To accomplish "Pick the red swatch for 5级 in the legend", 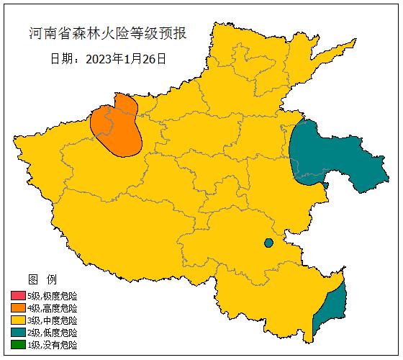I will pos(18,296).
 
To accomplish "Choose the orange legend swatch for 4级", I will pos(18,308).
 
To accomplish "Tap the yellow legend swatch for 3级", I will pos(18,320).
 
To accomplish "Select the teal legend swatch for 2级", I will pos(18,333).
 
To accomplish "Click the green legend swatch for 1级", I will pos(18,345).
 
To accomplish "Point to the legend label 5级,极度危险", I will pos(52,296).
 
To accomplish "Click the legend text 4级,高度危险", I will pos(52,308).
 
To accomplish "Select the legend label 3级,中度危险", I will pos(52,320).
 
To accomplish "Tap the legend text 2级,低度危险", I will pos(52,333).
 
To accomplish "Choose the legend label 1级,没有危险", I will pos(52,345).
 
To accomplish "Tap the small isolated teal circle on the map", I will pos(268,243).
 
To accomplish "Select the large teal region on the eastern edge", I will pos(324,155).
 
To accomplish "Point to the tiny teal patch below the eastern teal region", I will pos(326,186).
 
